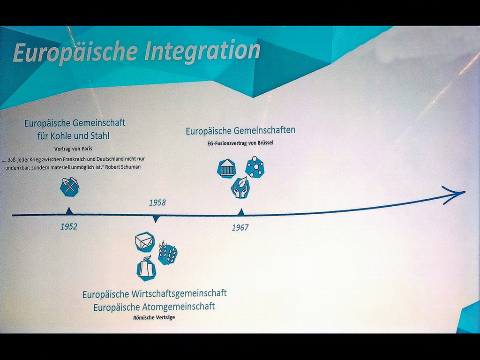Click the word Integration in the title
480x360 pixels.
coord(202,51)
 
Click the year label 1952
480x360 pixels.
coord(69,226)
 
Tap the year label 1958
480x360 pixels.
coord(157,202)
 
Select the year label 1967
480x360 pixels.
coord(240,227)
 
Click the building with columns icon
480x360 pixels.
coord(226,168)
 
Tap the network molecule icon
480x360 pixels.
coord(255,167)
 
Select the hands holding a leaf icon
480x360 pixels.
coord(240,187)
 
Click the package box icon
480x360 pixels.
coord(145,242)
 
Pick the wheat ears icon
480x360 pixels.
coord(168,253)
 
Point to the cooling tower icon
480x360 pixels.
coord(146,269)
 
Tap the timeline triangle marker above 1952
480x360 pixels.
coord(69,210)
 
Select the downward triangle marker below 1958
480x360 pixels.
coord(156,219)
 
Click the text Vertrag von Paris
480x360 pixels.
coord(73,149)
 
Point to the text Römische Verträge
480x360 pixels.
coord(154,317)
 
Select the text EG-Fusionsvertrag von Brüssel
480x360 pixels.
coord(240,142)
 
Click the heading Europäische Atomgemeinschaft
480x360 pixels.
coord(154,307)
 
